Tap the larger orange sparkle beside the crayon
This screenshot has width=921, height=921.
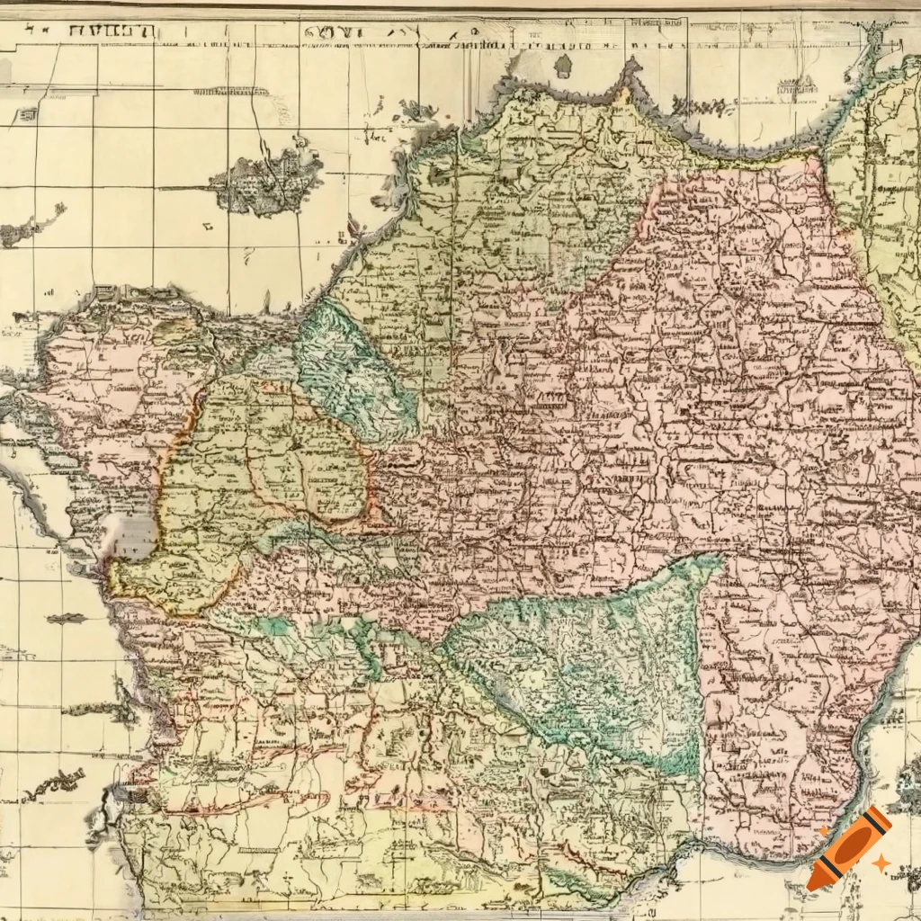pos(881,863)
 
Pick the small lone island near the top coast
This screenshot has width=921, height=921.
pos(563,67)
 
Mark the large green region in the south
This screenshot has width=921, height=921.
pos(585,657)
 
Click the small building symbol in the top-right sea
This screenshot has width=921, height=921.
pos(796,87)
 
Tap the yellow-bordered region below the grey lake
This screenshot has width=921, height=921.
pos(171,585)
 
